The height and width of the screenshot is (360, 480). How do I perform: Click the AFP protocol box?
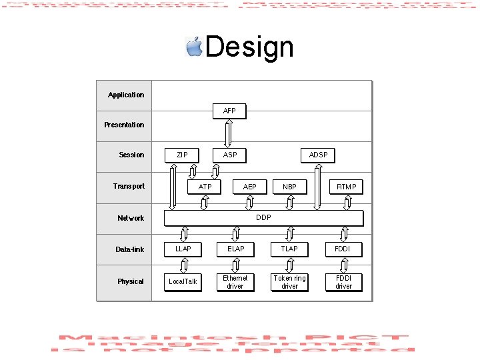(229, 111)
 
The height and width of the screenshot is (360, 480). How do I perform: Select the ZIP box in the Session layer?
(182, 155)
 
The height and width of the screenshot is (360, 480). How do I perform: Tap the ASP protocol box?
(230, 155)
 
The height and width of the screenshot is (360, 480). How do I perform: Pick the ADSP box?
(318, 155)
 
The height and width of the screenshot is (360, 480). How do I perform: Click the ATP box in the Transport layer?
(205, 187)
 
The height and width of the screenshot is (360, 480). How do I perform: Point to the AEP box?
(250, 187)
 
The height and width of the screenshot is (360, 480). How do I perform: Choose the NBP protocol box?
(289, 187)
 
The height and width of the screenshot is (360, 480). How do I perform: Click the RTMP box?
(346, 187)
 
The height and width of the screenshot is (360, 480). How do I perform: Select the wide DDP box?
(263, 218)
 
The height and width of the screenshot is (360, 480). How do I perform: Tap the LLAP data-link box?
(183, 249)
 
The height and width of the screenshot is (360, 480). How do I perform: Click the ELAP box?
(235, 249)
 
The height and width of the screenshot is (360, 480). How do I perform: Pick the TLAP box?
(289, 249)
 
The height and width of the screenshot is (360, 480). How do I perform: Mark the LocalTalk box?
(183, 281)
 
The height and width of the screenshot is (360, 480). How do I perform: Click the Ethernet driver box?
(235, 282)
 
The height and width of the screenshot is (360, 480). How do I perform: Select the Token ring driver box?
(289, 282)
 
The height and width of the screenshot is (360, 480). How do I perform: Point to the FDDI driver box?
(343, 282)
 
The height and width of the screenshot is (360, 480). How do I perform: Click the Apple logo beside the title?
(194, 47)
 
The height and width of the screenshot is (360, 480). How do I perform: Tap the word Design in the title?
(249, 47)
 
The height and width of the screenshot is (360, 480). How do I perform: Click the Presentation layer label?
(124, 125)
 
